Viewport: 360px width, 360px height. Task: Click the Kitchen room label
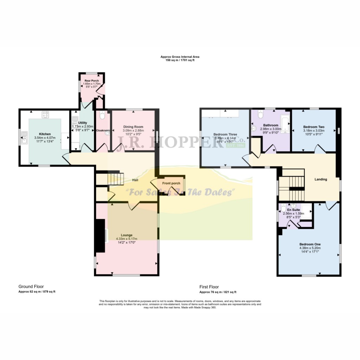(x=45, y=134)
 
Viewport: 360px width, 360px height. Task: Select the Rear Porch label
(x=92, y=81)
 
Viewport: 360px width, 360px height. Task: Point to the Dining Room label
(x=133, y=127)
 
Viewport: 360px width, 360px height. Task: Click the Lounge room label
(x=127, y=235)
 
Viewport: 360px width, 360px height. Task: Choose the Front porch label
(x=171, y=183)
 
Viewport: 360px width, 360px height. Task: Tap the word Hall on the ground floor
(x=135, y=180)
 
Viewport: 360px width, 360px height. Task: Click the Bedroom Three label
(x=225, y=134)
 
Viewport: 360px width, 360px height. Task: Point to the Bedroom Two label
(x=314, y=127)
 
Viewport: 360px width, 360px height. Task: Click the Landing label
(x=321, y=179)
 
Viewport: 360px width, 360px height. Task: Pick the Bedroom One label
(x=310, y=244)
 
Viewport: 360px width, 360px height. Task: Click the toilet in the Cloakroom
(x=102, y=115)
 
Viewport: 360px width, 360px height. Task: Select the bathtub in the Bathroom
(x=285, y=125)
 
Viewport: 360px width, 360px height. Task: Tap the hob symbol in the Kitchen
(x=45, y=114)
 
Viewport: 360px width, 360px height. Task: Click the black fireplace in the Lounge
(x=101, y=235)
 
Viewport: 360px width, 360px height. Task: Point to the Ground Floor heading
(x=31, y=287)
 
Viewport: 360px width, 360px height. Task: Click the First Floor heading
(x=209, y=287)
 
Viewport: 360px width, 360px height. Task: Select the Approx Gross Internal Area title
(x=180, y=57)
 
